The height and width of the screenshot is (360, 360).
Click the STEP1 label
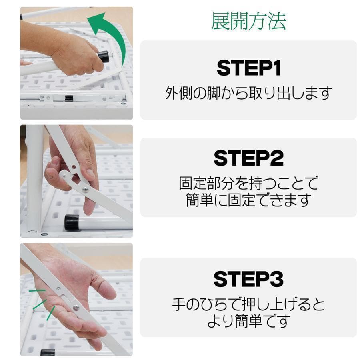248,68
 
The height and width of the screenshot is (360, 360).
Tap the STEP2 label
248,158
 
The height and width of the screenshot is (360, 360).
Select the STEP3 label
248,279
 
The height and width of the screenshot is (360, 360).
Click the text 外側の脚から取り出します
248,93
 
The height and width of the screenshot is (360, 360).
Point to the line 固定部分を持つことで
248,184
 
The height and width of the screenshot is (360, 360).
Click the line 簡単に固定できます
248,200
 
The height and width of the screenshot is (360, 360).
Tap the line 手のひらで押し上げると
248,305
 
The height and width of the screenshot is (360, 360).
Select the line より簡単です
248,321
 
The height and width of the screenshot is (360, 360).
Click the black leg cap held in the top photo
103,56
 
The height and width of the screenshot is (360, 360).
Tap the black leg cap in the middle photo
72,222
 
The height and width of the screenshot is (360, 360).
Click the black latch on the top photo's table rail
69,98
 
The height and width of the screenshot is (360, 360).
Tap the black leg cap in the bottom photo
48,352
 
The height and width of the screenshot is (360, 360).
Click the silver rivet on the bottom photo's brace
76,307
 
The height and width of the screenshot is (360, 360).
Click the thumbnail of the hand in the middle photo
90,173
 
